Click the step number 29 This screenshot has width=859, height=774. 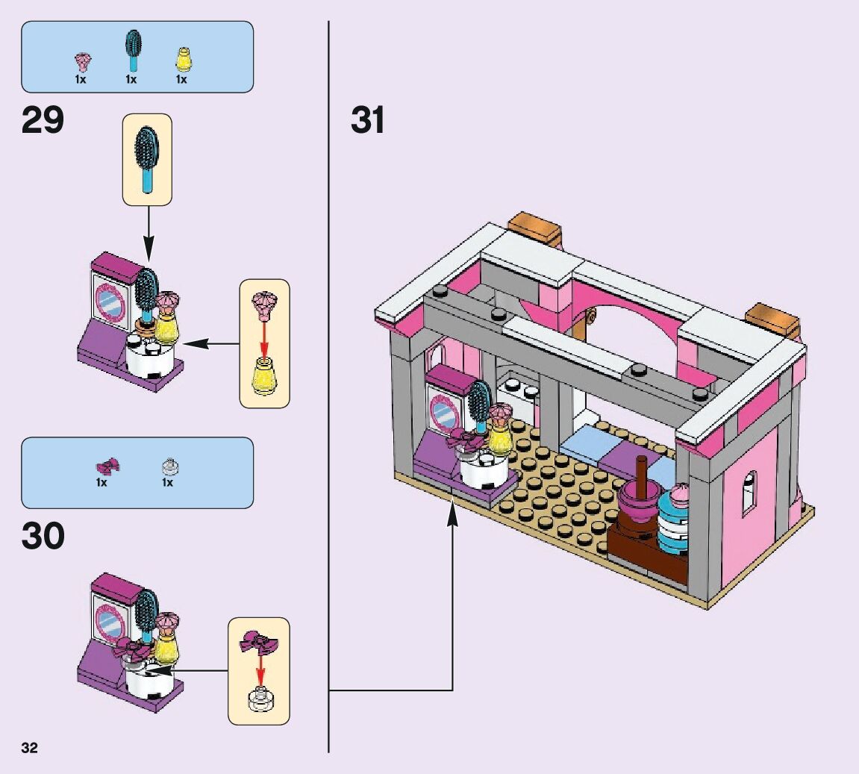43,120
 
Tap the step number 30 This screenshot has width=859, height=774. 43,536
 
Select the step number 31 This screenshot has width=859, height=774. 368,120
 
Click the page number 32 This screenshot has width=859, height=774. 30,749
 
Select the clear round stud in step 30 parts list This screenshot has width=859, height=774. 168,467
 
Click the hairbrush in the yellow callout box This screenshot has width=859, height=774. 147,158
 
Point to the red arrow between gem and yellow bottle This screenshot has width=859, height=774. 263,337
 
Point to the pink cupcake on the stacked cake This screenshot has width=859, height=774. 680,494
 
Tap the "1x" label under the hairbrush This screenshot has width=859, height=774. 131,79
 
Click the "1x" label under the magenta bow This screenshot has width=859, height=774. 101,483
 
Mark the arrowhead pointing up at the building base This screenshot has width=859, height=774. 452,514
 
